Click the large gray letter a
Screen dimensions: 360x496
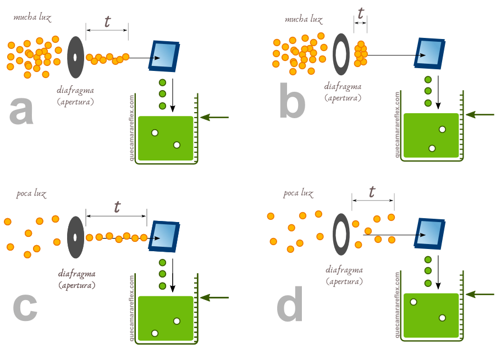(22, 110)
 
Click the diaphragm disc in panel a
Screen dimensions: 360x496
(75, 57)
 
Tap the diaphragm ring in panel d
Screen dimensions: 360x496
(342, 235)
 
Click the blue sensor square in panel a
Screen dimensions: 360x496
(164, 56)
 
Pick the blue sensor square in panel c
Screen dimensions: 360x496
(164, 236)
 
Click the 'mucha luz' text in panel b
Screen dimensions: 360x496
(303, 19)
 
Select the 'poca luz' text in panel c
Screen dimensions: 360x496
(32, 193)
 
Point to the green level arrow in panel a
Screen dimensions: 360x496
(214, 117)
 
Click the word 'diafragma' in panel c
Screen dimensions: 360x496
(77, 274)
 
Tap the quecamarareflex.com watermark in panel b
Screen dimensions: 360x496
(396, 125)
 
